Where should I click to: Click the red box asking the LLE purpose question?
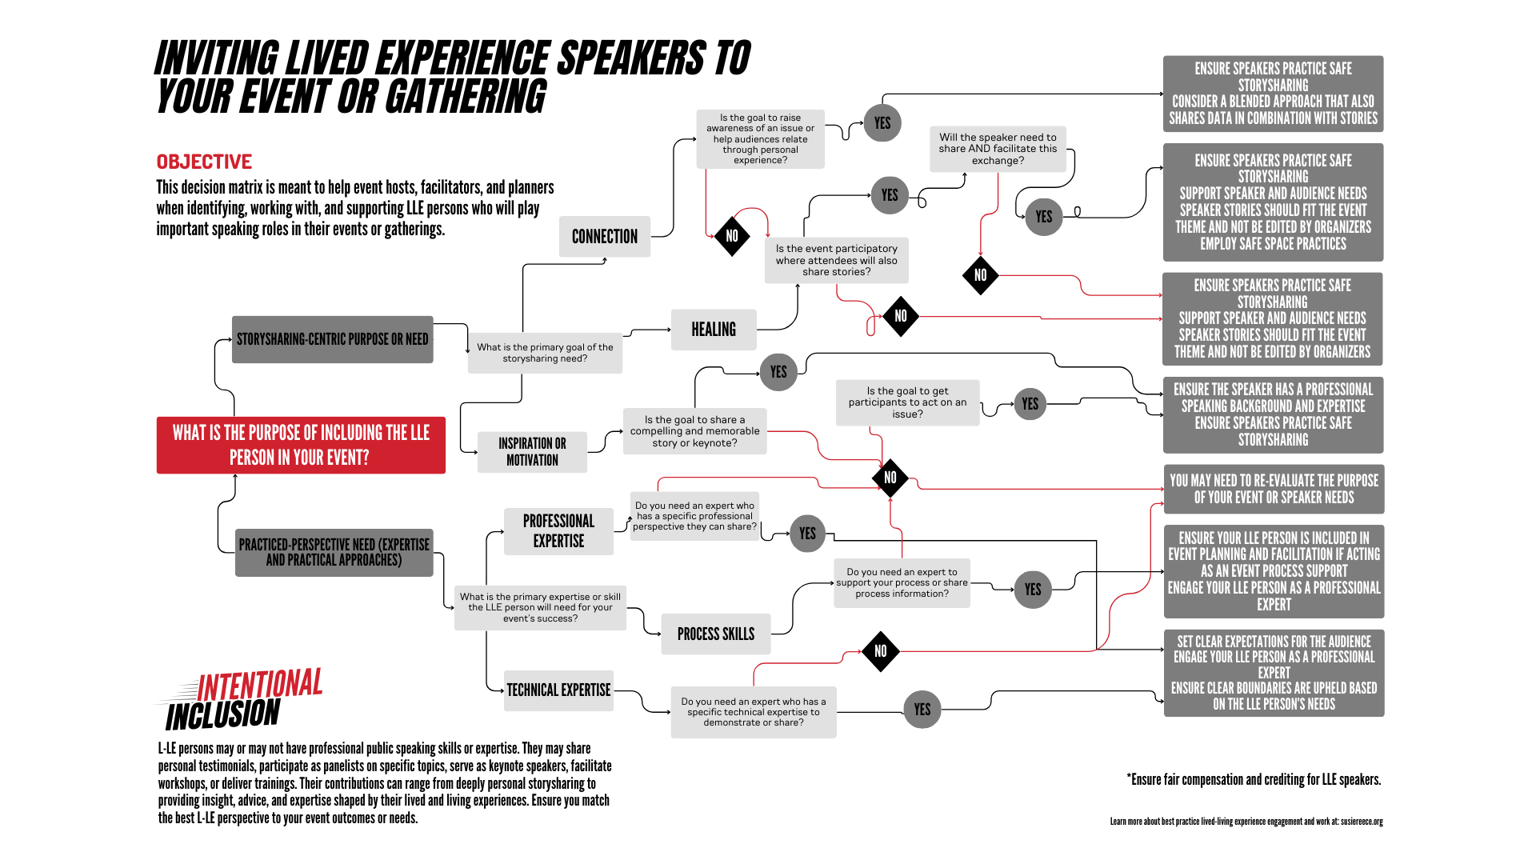point(301,445)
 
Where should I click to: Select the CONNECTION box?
point(605,236)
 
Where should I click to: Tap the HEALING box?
point(714,330)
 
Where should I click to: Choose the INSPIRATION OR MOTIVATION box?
point(532,452)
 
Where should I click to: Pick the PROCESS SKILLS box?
point(716,634)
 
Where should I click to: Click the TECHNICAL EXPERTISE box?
point(558,690)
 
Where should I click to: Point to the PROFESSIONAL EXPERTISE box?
point(558,531)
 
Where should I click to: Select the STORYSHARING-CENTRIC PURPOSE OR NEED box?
point(333,339)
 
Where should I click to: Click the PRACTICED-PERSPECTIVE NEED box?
point(334,552)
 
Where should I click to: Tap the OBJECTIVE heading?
point(204,162)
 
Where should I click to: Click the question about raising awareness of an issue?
point(760,139)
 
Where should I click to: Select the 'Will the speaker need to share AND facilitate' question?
point(998,149)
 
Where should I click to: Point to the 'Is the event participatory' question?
point(837,260)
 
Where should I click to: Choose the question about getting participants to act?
point(907,402)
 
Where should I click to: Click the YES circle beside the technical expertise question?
point(922,710)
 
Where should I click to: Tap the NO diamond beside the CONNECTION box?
point(732,236)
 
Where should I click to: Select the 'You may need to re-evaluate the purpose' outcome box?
point(1274,489)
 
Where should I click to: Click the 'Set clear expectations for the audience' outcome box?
point(1274,673)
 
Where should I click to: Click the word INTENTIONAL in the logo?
point(260,685)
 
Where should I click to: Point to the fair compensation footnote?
point(1254,780)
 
